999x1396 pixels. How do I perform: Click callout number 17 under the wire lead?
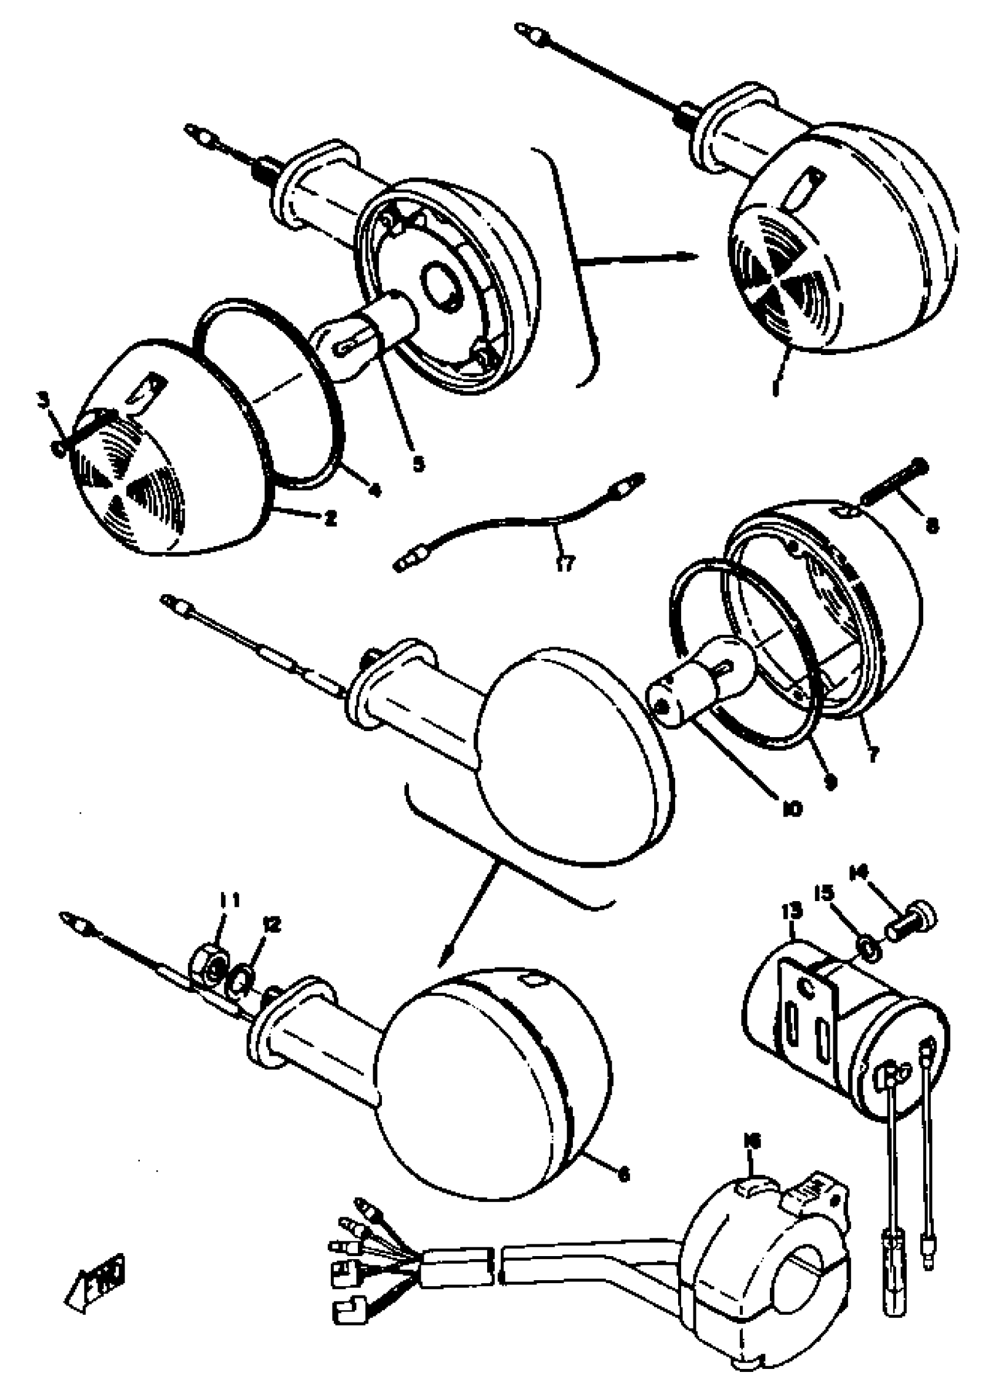tap(565, 563)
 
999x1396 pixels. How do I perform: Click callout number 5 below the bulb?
tap(418, 464)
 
